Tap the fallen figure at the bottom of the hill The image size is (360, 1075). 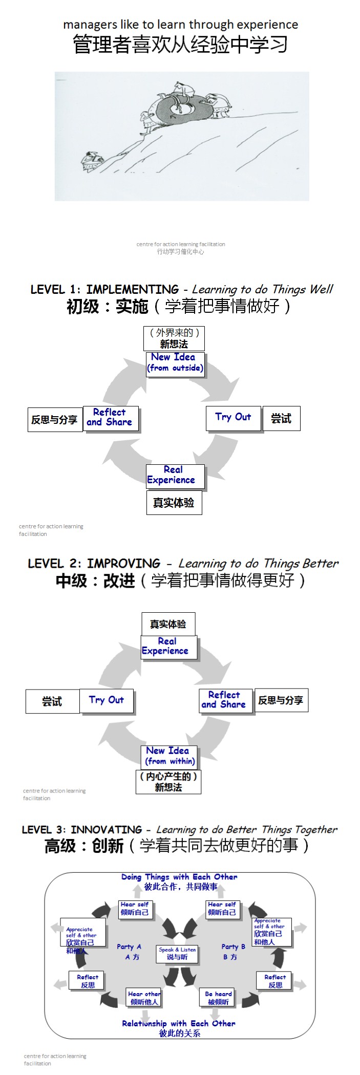point(92,161)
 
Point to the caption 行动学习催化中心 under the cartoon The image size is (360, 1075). point(180,252)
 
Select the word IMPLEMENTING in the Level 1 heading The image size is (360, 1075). point(133,290)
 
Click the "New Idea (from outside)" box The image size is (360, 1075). point(175,363)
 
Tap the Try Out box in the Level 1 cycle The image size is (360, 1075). point(234,418)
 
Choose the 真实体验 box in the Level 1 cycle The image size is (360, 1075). point(174,503)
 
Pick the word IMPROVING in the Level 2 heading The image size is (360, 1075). point(123,564)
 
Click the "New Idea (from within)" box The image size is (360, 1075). point(170,756)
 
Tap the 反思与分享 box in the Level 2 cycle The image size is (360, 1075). point(281,700)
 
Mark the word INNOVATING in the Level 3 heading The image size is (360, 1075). point(106,830)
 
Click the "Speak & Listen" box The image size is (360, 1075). point(177,953)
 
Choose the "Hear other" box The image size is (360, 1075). point(144,998)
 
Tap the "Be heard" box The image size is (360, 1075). point(218,998)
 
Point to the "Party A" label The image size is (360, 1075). point(129,947)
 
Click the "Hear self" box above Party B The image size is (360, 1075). point(222,909)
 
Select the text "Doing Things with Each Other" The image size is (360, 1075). point(179,877)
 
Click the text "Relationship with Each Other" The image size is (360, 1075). point(179,1023)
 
